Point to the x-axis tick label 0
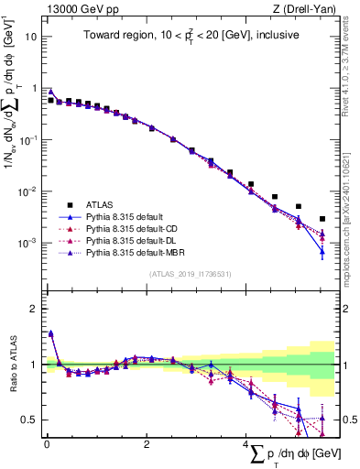(47, 443)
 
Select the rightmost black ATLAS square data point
(322, 219)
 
